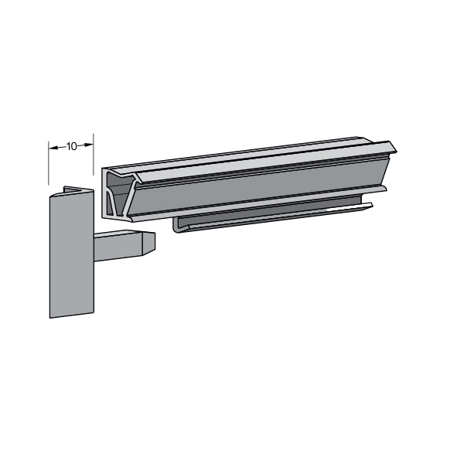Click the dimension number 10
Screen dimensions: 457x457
71,146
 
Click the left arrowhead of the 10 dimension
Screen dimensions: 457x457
53,148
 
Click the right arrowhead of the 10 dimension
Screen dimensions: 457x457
89,145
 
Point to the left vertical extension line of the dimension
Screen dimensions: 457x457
49,163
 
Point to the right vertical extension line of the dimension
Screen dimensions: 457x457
94,155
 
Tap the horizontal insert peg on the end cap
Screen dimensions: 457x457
124,246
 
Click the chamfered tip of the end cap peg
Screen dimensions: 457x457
148,244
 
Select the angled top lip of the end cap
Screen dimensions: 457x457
78,189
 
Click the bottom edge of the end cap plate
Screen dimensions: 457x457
72,315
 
